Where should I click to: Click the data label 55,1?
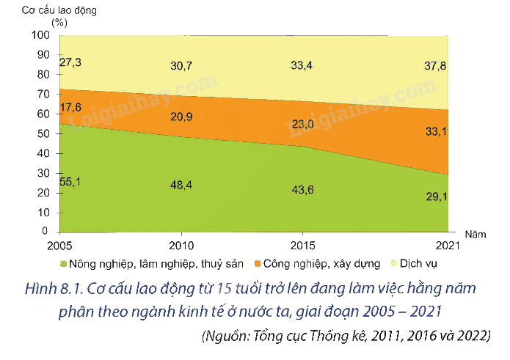click(x=70, y=182)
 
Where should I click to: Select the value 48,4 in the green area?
click(x=181, y=185)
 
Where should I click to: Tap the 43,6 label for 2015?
click(x=302, y=189)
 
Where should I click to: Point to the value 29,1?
click(x=437, y=196)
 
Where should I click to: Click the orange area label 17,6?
click(x=70, y=107)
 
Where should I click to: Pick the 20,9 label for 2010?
click(x=181, y=117)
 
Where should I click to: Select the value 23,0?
click(x=302, y=124)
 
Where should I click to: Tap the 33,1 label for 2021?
click(x=436, y=131)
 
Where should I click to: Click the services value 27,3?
click(x=70, y=62)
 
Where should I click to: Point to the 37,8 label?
click(x=435, y=66)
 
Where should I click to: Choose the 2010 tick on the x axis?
click(x=181, y=246)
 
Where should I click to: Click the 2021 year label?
click(x=448, y=246)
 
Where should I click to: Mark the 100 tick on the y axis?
click(x=40, y=34)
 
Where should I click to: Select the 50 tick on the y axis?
click(x=43, y=133)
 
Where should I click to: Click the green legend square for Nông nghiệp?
click(x=63, y=263)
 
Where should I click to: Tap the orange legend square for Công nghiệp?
click(x=258, y=263)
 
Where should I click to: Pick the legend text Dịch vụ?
click(x=418, y=263)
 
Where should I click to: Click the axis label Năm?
click(x=476, y=235)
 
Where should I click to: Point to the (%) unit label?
click(x=59, y=23)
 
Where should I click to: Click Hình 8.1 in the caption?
click(x=54, y=289)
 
